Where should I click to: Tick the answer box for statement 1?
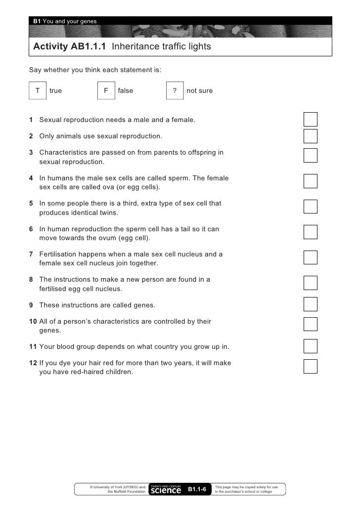tap(311, 120)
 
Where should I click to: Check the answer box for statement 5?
tap(311, 206)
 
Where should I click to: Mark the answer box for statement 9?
tap(311, 303)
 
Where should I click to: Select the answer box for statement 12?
tap(311, 366)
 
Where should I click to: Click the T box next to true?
tap(38, 91)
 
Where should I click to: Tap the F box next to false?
tap(106, 91)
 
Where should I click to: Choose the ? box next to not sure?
tap(175, 91)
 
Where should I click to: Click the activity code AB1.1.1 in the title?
tap(86, 47)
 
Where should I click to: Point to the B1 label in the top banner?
tap(37, 21)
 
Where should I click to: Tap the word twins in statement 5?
tap(107, 213)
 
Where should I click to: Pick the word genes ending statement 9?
tap(143, 305)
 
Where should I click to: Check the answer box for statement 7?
tap(311, 257)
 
